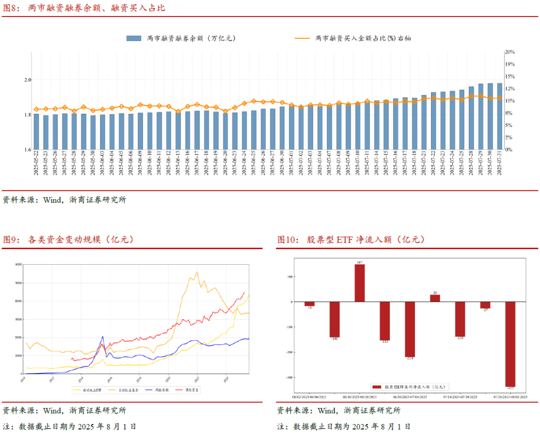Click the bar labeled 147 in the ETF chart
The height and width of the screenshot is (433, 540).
(359, 283)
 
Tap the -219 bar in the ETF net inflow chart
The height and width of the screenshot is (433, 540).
(410, 329)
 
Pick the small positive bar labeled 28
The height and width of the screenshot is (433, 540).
(435, 298)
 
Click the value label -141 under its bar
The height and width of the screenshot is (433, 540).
(334, 340)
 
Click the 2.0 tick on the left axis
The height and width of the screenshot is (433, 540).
(27, 80)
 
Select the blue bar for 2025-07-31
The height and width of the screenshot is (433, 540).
(499, 116)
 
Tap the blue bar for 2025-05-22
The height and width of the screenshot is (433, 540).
(36, 132)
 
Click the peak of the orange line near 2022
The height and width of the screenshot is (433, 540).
(197, 272)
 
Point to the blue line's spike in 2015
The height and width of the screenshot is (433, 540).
(102, 337)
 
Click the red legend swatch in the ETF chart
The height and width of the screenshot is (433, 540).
(376, 387)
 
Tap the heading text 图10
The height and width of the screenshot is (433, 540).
(288, 240)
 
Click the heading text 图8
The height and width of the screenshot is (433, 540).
(12, 8)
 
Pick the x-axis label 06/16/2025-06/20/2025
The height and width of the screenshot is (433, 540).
(359, 398)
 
